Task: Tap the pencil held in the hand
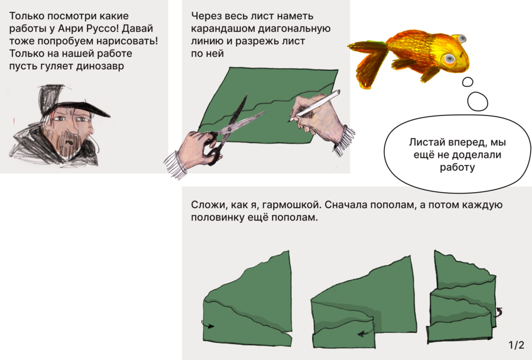click(314, 106)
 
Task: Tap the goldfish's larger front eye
click(449, 59)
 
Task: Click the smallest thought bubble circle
click(468, 82)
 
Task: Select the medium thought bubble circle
click(478, 102)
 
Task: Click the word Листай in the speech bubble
click(424, 142)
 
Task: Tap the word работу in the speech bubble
click(457, 167)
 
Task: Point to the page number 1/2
click(516, 345)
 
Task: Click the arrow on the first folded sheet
click(207, 325)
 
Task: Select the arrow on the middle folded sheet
click(366, 330)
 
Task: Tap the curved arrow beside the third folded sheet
click(498, 312)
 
